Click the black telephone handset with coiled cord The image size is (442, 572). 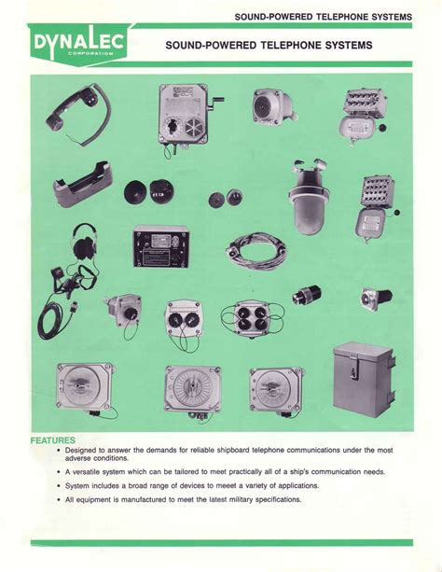(x=75, y=111)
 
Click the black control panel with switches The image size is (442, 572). (x=160, y=245)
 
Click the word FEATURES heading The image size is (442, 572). (x=53, y=439)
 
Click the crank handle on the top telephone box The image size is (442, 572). (x=218, y=98)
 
